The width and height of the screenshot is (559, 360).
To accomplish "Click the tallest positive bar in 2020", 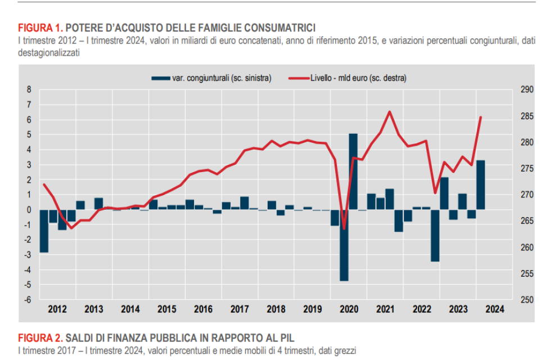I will coord(353,172).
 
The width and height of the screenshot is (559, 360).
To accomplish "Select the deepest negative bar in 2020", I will coord(344,245).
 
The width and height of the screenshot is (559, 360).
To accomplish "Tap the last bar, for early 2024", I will coord(481,184).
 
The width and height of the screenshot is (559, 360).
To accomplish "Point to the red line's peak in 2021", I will coord(390,111).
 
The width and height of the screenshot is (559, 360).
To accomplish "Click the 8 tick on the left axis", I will coord(30,89).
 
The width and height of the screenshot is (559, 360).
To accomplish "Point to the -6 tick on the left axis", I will coord(29,299).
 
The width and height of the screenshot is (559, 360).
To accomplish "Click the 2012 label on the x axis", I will coord(57,309).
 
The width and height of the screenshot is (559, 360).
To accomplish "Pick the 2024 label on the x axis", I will coord(494,309).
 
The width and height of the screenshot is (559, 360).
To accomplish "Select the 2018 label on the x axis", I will coord(276,309).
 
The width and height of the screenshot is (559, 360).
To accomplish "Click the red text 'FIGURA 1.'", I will coord(41,27).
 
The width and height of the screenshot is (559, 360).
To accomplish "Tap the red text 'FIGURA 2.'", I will coord(41,337).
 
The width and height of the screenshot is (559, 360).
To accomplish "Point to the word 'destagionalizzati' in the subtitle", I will coord(48,52).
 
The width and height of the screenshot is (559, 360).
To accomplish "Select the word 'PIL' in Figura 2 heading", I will coord(286,337).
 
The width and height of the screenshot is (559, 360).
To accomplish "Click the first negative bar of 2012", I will coord(43,231).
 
